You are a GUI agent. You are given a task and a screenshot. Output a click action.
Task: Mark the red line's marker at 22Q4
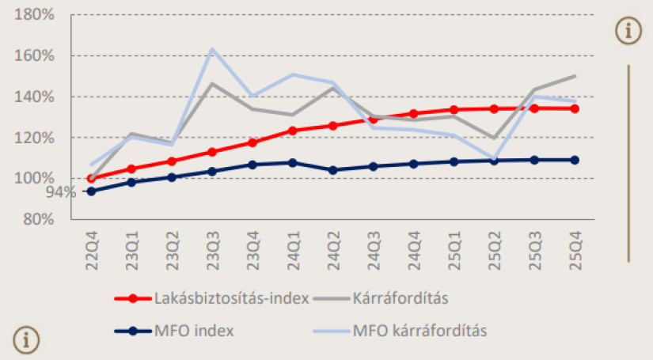(x=91, y=178)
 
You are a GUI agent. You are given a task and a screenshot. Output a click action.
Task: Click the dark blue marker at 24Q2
(x=333, y=170)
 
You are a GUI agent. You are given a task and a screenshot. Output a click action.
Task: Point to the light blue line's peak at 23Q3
(x=212, y=49)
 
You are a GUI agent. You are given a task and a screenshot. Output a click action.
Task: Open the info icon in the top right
(x=628, y=31)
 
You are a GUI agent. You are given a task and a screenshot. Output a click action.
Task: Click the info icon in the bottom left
(x=25, y=339)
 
